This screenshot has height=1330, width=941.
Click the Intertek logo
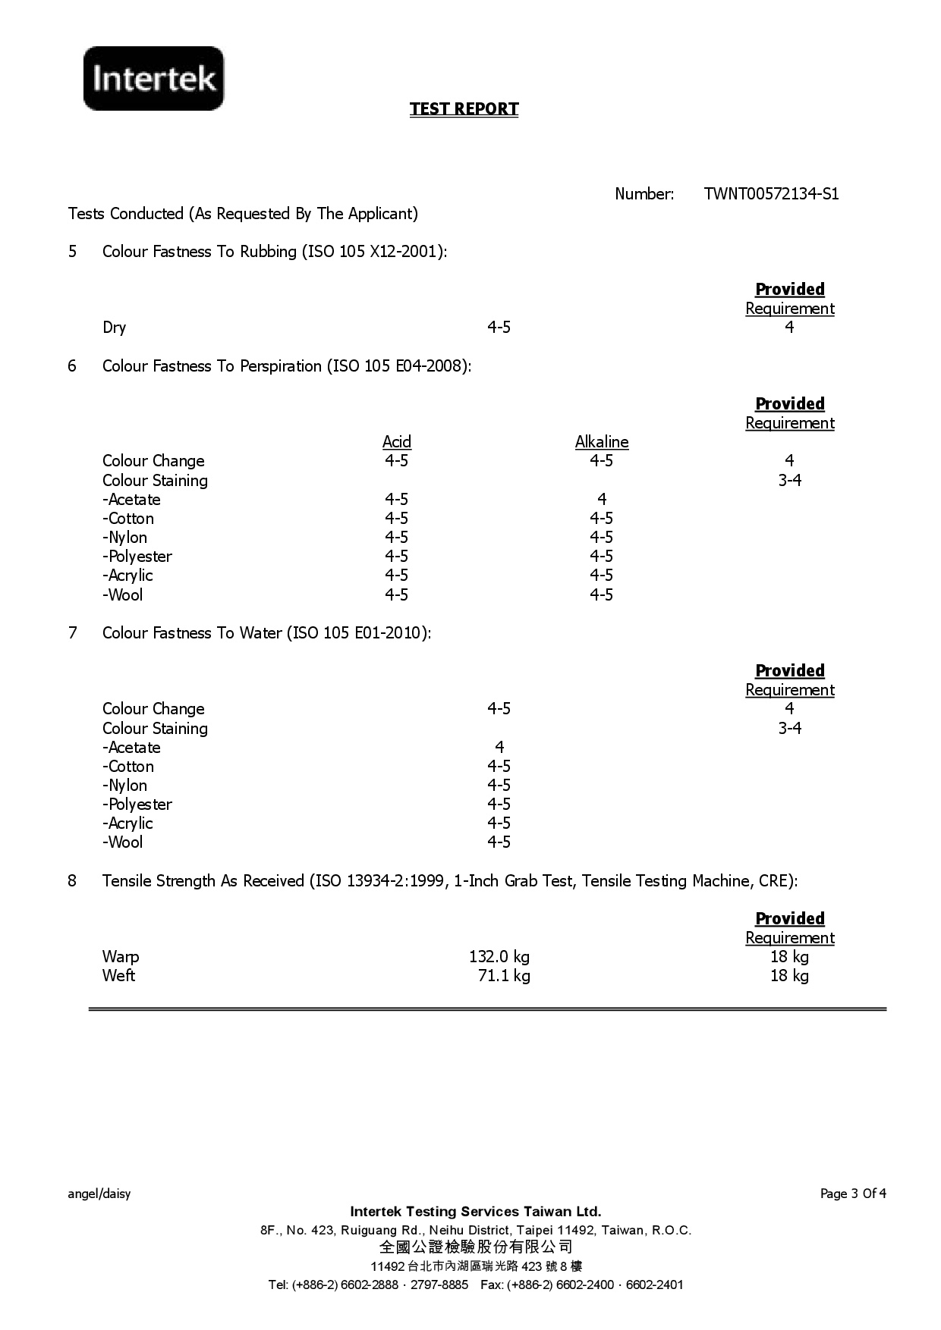[x=154, y=78]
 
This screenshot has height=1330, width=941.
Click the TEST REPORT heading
[x=464, y=109]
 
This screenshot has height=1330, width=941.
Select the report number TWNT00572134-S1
[x=771, y=194]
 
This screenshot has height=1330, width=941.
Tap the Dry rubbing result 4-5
[x=499, y=328]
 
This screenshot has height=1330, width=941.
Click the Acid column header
[x=396, y=442]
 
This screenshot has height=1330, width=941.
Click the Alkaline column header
[x=601, y=442]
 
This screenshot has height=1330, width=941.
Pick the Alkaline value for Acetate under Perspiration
[x=601, y=499]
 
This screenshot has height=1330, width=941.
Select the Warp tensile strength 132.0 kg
[x=499, y=957]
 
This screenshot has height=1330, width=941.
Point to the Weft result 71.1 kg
[x=503, y=976]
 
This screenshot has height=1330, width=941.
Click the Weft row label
[x=118, y=976]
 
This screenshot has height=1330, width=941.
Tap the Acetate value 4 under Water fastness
[x=499, y=747]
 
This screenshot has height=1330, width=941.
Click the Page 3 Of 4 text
[x=853, y=1194]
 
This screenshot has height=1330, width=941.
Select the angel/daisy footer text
[x=99, y=1194]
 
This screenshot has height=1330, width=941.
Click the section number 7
[x=72, y=633]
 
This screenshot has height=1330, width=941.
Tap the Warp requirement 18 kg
[x=789, y=957]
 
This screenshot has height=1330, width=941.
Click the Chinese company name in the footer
[x=476, y=1247]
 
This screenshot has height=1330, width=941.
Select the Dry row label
[x=114, y=328]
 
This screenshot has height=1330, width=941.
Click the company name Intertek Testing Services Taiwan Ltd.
[x=476, y=1212]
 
